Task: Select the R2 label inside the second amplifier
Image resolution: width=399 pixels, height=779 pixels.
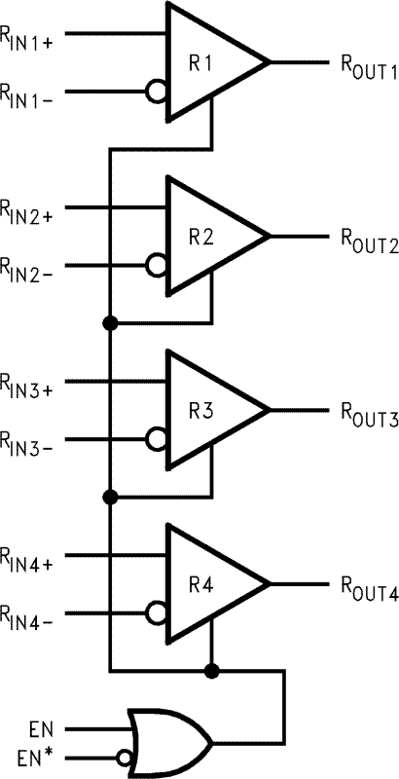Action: (x=201, y=237)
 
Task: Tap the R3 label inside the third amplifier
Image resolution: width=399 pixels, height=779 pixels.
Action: (x=201, y=410)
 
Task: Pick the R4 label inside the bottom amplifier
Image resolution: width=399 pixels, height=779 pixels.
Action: (x=201, y=584)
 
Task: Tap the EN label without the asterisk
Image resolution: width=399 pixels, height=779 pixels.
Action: (x=30, y=726)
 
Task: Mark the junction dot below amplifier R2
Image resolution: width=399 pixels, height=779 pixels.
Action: (x=110, y=323)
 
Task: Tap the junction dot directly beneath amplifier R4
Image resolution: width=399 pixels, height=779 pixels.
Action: (x=211, y=671)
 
